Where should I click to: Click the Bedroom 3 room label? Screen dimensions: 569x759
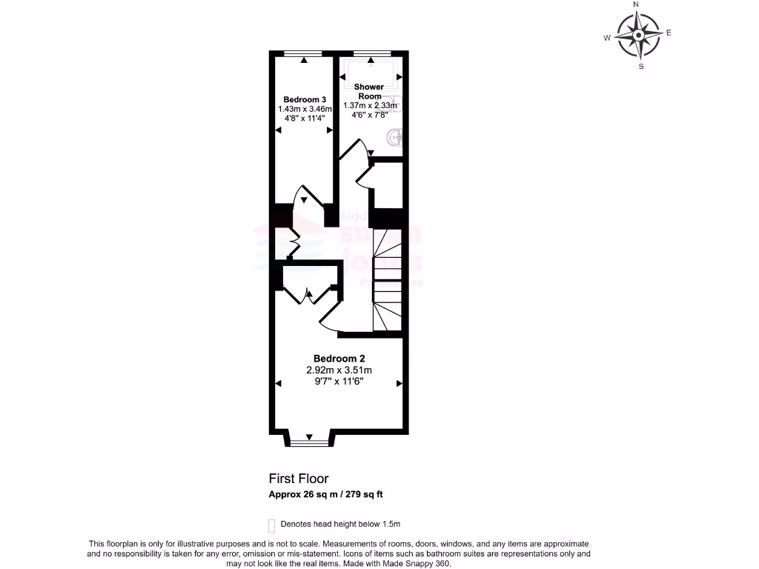click(x=305, y=99)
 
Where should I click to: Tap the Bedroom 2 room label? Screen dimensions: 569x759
click(x=339, y=358)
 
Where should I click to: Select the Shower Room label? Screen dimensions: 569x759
click(x=368, y=91)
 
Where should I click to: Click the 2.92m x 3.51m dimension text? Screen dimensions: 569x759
click(x=339, y=370)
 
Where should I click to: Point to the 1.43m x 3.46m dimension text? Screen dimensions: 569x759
click(x=305, y=109)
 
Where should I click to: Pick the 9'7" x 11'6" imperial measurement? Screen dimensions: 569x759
click(x=339, y=382)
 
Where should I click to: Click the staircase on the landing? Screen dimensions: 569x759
click(x=387, y=282)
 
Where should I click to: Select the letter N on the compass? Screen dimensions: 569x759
click(x=636, y=5)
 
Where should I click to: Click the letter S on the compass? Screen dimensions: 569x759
click(x=641, y=66)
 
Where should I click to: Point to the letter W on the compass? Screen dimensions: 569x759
click(x=606, y=38)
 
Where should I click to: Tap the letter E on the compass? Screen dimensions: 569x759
click(x=669, y=33)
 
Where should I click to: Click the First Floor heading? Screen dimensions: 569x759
click(x=298, y=479)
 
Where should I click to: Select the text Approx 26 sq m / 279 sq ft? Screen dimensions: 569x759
click(x=325, y=494)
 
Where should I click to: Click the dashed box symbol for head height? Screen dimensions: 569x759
click(x=271, y=525)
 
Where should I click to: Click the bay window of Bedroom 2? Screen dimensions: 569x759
click(x=308, y=443)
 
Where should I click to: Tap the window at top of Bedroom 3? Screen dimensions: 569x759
click(x=303, y=53)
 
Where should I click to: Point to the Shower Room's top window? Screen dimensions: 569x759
click(x=372, y=53)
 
